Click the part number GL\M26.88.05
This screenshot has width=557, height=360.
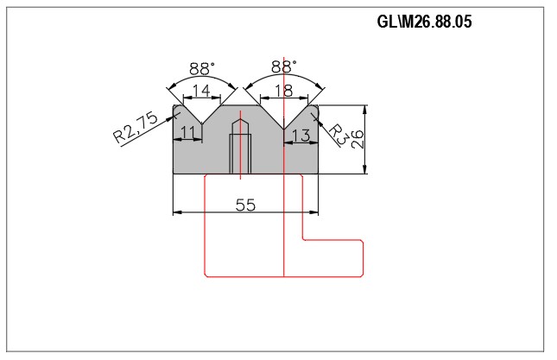pos(424,22)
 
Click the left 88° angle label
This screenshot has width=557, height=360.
pos(202,68)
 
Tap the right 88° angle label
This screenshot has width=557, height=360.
pos(284,66)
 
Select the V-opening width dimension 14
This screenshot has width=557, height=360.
pos(201,91)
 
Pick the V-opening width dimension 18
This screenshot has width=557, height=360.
pos(284,91)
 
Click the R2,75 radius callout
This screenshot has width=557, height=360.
pos(135,127)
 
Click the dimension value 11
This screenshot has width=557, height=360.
pos(187,132)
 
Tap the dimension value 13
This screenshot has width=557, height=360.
pos(301,136)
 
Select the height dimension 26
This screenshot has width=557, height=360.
pos(358,139)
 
